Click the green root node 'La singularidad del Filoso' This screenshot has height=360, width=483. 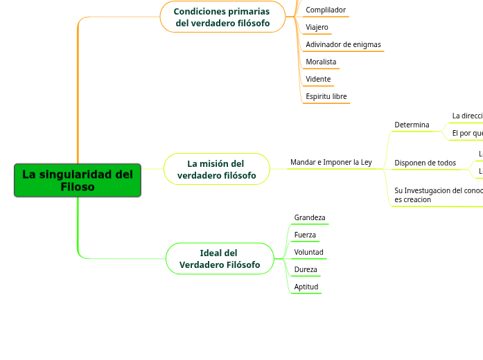pyautogui.click(x=78, y=181)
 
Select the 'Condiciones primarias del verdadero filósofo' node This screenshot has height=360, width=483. pyautogui.click(x=222, y=17)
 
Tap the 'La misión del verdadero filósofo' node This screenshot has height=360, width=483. pyautogui.click(x=216, y=170)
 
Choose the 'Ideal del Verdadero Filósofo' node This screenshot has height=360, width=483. pyautogui.click(x=220, y=259)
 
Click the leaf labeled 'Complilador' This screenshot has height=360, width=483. pyautogui.click(x=325, y=10)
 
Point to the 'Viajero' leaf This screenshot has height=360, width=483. pyautogui.click(x=317, y=28)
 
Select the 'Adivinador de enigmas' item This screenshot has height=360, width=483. pyautogui.click(x=343, y=45)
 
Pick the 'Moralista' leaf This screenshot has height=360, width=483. pyautogui.click(x=321, y=62)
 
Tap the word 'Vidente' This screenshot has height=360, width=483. pyautogui.click(x=318, y=80)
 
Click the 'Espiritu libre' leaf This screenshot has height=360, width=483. pyautogui.click(x=326, y=97)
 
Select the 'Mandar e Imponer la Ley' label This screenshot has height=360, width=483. pyautogui.click(x=331, y=163)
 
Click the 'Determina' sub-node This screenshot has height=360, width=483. pyautogui.click(x=412, y=125)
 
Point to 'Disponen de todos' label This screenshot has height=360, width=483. pyautogui.click(x=425, y=163)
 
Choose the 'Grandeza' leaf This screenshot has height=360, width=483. pyautogui.click(x=309, y=218)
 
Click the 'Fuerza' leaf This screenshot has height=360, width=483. pyautogui.click(x=305, y=235)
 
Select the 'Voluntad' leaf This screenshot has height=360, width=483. pyautogui.click(x=308, y=253)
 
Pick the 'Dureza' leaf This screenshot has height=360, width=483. pyautogui.click(x=306, y=270)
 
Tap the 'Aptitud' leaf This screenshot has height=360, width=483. pyautogui.click(x=306, y=287)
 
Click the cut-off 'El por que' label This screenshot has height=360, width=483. pyautogui.click(x=467, y=133)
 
